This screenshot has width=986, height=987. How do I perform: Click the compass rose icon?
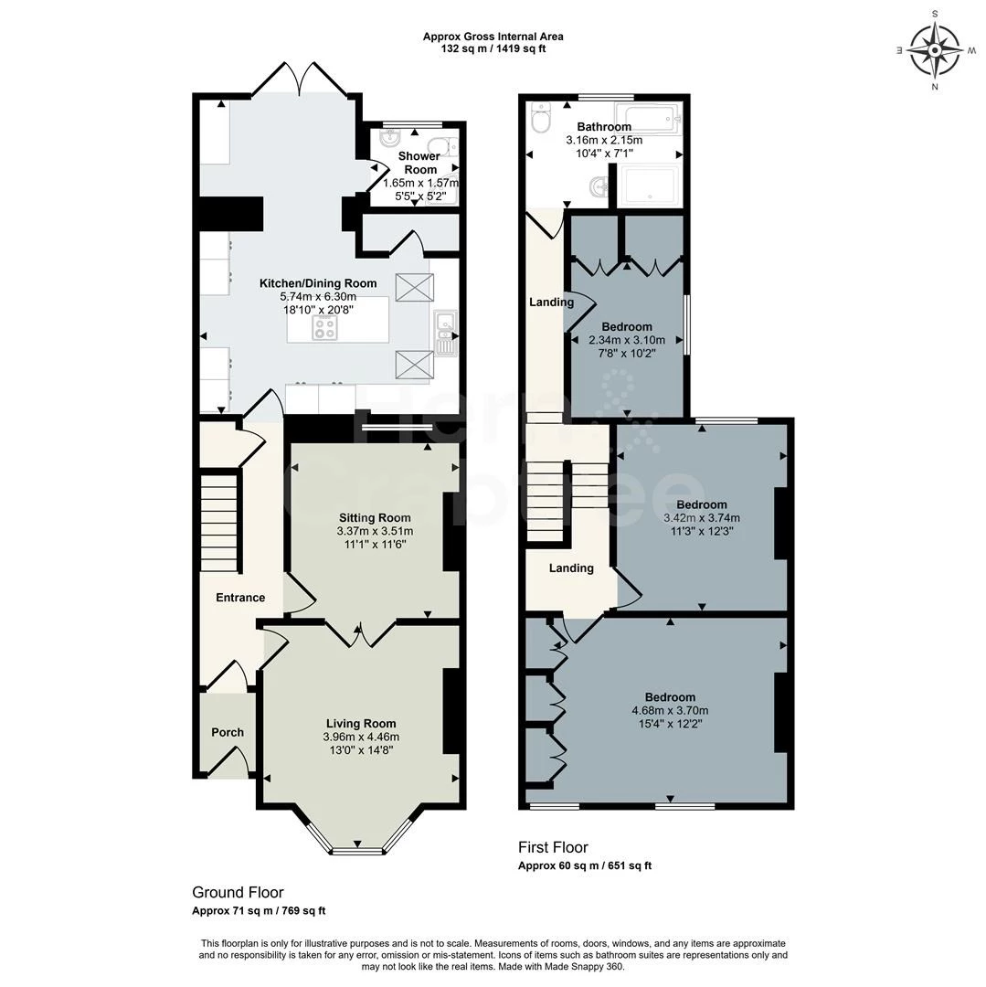click(x=935, y=50)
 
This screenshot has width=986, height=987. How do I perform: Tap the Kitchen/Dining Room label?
click(x=318, y=283)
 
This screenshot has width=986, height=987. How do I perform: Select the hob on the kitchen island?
click(x=324, y=327)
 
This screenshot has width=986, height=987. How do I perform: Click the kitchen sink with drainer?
click(x=446, y=334)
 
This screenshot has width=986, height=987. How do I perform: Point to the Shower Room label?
click(x=419, y=163)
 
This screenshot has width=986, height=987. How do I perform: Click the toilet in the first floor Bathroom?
click(x=540, y=118)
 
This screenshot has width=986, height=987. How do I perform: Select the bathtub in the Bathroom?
click(x=648, y=118)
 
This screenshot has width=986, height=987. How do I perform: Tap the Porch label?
click(x=228, y=732)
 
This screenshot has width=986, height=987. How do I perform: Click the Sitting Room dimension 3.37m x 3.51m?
click(x=375, y=531)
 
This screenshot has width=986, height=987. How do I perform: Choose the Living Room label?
click(x=361, y=724)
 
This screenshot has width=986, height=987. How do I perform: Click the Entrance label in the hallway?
click(x=240, y=598)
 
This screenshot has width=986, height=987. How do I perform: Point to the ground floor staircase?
click(x=219, y=523)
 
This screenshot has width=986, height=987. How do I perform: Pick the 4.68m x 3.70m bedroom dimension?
click(x=670, y=711)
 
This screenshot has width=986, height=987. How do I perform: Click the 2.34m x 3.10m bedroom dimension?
click(x=627, y=340)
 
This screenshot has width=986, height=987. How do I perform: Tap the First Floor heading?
click(x=553, y=847)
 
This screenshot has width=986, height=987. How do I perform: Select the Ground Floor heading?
click(x=238, y=893)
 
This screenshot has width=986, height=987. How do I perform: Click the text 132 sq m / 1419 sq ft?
click(x=493, y=48)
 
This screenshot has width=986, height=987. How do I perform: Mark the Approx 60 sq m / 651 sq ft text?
click(x=585, y=865)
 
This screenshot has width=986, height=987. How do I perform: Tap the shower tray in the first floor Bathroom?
click(x=648, y=186)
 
